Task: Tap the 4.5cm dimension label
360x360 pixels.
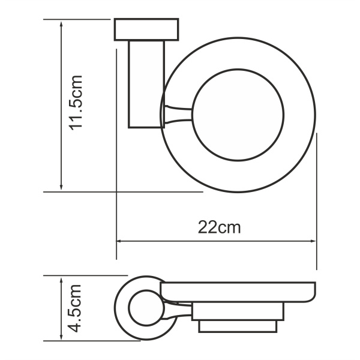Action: point(77,309)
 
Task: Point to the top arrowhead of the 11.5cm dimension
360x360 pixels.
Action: point(62,23)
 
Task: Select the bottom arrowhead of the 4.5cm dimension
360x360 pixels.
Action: point(62,337)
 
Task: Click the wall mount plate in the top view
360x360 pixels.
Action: point(146,29)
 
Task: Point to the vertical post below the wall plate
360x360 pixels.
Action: point(146,84)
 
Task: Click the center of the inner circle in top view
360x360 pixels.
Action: point(238,115)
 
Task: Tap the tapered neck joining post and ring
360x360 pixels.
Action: point(178,114)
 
